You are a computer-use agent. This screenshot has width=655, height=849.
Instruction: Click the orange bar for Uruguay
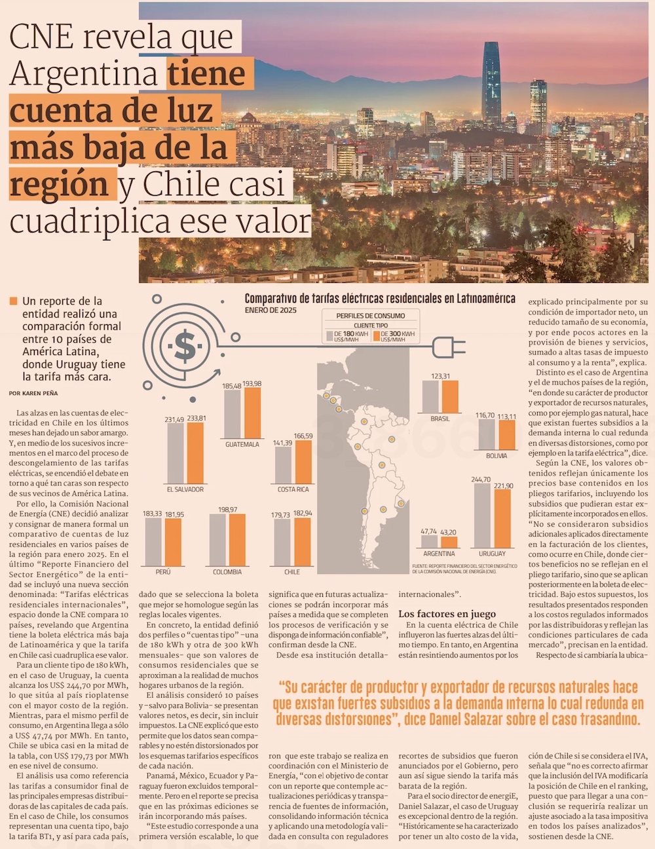coord(502,518)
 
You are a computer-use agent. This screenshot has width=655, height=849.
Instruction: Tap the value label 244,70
coord(481,480)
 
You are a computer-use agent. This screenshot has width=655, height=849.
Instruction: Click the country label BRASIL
coord(440,419)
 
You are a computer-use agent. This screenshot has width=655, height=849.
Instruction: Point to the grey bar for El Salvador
coord(175,453)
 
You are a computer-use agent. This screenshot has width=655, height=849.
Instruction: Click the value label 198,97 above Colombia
coord(227,510)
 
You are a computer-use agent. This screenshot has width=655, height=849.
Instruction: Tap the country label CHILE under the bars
coord(292,572)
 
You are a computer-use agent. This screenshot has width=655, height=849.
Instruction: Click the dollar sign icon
coord(185,346)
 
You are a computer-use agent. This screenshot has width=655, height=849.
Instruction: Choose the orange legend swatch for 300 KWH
coord(376,335)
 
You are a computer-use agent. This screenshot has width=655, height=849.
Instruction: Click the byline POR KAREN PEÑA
coord(33,393)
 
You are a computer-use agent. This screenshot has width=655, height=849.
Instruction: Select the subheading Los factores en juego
coord(447,614)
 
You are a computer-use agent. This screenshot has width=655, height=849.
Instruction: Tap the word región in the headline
coord(59,185)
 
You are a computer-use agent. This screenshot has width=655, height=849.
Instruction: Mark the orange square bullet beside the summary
coord(13,301)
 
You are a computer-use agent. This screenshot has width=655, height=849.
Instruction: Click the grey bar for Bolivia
coord(486,435)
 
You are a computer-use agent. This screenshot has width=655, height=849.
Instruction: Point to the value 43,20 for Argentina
coord(449,533)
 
